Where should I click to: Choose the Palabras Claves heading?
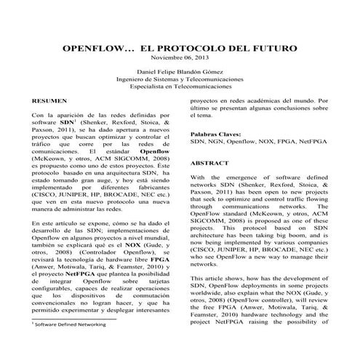tap(219, 135)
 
